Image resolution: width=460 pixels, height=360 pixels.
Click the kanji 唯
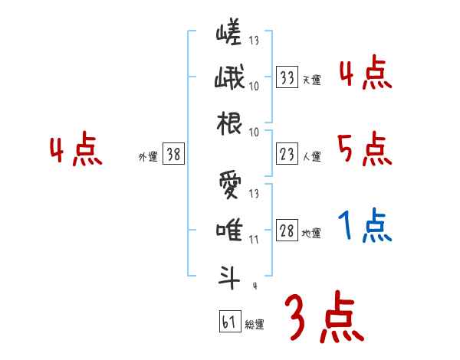(x=228, y=230)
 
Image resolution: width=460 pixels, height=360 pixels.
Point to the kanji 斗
(x=228, y=276)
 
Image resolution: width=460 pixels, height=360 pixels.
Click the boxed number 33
(x=287, y=77)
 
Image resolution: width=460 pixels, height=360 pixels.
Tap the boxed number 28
(x=287, y=231)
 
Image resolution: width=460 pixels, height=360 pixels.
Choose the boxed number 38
(x=173, y=154)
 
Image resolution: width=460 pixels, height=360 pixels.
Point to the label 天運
(x=311, y=79)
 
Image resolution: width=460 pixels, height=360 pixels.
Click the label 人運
(x=311, y=156)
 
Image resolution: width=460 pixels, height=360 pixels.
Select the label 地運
(x=311, y=233)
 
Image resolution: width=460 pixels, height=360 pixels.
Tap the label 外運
(x=147, y=156)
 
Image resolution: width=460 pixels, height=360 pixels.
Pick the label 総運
(x=255, y=323)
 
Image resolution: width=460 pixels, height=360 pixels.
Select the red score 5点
(x=364, y=149)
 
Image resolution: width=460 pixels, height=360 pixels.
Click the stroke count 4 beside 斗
(x=254, y=286)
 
